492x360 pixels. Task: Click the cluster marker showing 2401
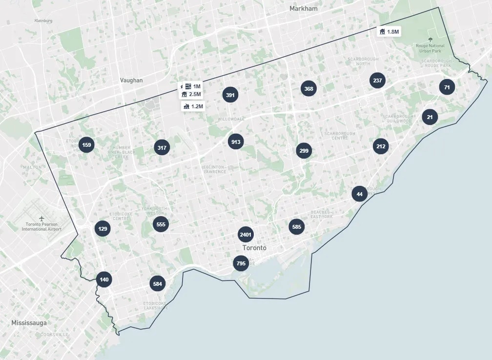pos(246,235)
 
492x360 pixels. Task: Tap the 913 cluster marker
pos(236,142)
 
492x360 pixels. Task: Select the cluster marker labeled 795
pos(241,263)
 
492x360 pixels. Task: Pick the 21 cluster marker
pos(430,117)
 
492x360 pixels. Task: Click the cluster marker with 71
pos(447,88)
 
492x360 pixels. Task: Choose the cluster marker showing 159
pos(86,145)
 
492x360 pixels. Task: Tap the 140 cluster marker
pos(104,280)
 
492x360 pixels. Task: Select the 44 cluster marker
pos(360,194)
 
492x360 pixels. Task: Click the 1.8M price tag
pos(389,32)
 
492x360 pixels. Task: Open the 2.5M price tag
pos(191,94)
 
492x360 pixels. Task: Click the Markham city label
pos(303,9)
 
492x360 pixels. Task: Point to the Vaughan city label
pos(131,80)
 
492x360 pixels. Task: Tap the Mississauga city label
pos(29,323)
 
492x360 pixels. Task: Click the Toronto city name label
pos(254,248)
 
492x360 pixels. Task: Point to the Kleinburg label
pos(43,21)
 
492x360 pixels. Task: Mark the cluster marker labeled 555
pos(160,224)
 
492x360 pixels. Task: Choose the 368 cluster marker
pos(308,89)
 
